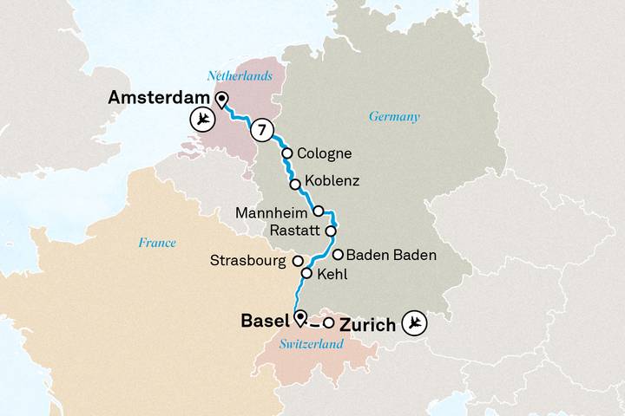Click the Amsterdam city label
coord(160,99)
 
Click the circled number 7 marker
coord(261,131)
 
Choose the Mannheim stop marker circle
coord(318,211)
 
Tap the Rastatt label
coord(295,231)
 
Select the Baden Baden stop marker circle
coord(338,255)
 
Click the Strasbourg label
coord(249,261)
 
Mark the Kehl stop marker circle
coord(306,274)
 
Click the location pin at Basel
coord(300,318)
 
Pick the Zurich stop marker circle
coord(328,323)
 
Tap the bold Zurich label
coord(369,325)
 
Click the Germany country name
coord(394,117)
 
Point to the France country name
coord(156,244)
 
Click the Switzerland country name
coord(311,345)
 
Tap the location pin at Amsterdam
coord(221,99)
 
